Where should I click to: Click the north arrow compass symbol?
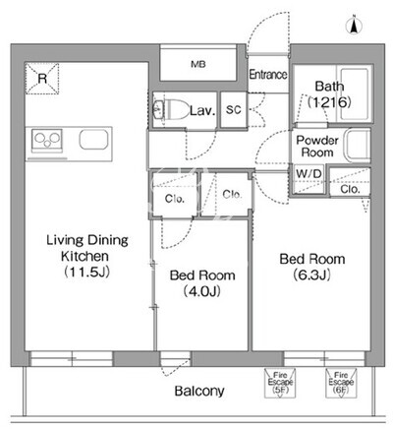354,26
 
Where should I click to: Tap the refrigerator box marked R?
42,79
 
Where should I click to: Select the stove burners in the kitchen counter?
47,141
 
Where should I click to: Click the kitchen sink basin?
93,139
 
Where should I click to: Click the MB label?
198,64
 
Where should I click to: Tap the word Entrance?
268,75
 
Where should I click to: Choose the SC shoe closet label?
234,109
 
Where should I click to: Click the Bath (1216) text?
329,94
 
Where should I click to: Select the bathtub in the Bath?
355,93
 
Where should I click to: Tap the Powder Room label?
317,147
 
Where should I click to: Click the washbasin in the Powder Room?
358,146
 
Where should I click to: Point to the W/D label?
309,173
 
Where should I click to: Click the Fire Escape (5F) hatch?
280,383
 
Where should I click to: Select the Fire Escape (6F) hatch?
341,383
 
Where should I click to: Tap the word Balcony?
199,391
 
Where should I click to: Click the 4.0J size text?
201,291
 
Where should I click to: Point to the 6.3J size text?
311,275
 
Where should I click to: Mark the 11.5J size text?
86,272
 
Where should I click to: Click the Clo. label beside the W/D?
350,189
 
